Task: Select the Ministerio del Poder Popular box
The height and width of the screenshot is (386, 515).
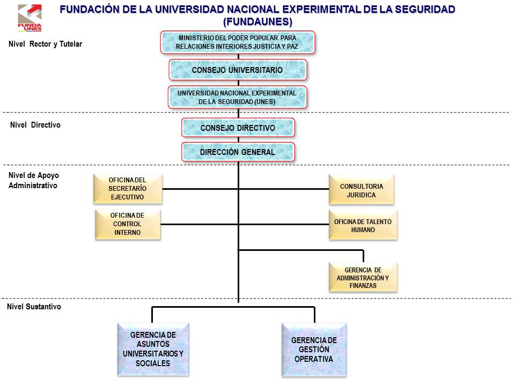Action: [237, 42]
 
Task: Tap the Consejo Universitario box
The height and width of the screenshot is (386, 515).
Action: [237, 70]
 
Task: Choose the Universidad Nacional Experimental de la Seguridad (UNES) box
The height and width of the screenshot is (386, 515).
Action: [237, 97]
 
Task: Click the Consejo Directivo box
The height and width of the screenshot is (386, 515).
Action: [238, 128]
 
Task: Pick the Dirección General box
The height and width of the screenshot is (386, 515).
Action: [238, 152]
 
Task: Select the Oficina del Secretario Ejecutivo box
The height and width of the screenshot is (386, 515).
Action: [127, 189]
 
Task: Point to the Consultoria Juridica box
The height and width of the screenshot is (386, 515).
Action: [361, 189]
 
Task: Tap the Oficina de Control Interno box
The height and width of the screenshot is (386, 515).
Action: [127, 224]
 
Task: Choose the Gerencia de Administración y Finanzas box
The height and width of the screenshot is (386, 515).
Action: [363, 277]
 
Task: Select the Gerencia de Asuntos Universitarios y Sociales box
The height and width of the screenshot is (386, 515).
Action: [153, 349]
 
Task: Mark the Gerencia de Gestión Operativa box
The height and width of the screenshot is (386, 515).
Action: [314, 349]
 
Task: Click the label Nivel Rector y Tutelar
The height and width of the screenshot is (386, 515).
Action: [46, 44]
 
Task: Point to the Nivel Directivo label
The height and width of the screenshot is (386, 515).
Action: [35, 125]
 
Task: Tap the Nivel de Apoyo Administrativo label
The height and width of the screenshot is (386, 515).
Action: [33, 181]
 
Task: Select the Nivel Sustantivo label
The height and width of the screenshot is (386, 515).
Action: [34, 307]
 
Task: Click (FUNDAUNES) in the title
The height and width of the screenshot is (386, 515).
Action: [257, 21]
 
